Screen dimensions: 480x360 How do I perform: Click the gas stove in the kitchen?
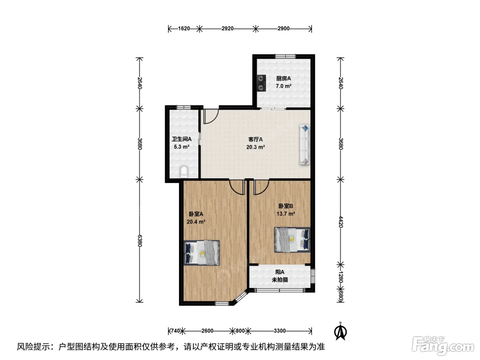(262, 83)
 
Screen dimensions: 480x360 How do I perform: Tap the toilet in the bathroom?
(184, 172)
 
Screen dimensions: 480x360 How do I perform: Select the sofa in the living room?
(304, 144)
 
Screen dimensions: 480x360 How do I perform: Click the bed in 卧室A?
(201, 253)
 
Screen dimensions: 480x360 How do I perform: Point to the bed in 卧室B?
(292, 240)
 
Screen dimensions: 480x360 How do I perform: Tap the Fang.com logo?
(443, 346)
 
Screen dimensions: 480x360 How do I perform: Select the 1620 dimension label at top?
(184, 29)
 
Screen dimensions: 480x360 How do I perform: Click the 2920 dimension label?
(227, 29)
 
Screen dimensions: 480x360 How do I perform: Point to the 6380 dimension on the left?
(140, 241)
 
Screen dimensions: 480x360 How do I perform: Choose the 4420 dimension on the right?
(341, 222)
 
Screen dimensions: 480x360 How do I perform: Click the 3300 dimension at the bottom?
(280, 331)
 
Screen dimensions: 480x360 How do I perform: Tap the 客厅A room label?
(255, 139)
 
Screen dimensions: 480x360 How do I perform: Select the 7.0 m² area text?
(284, 86)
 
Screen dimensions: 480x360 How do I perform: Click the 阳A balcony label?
(280, 272)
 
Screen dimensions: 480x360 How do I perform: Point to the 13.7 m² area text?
(286, 214)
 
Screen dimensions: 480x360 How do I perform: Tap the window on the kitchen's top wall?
(285, 56)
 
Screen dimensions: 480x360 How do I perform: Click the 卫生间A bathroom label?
(181, 139)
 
